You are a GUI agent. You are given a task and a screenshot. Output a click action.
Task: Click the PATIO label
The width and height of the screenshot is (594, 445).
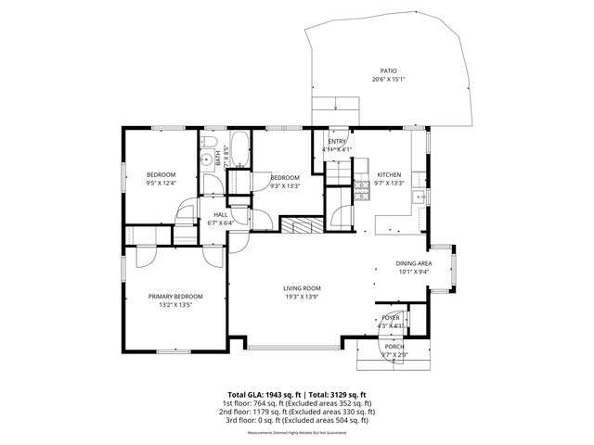(388, 70)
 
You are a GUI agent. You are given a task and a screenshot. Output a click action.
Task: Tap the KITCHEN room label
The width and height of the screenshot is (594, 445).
(388, 174)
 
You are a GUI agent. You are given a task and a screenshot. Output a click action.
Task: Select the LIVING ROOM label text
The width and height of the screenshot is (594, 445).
(302, 288)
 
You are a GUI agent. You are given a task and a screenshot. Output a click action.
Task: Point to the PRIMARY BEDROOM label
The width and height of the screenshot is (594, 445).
(175, 296)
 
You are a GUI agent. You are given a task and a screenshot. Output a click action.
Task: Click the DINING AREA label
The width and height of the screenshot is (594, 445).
(414, 263)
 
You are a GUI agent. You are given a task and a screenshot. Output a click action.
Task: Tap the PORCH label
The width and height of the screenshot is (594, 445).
(394, 346)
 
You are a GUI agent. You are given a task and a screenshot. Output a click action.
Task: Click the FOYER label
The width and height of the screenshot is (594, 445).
(391, 317)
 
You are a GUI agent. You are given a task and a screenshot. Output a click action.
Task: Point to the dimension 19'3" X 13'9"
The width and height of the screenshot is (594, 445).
(302, 297)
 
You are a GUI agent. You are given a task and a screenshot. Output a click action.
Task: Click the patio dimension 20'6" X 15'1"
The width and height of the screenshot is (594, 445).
(388, 79)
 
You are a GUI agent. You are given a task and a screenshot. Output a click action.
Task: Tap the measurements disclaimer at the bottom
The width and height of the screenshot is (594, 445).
(296, 433)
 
